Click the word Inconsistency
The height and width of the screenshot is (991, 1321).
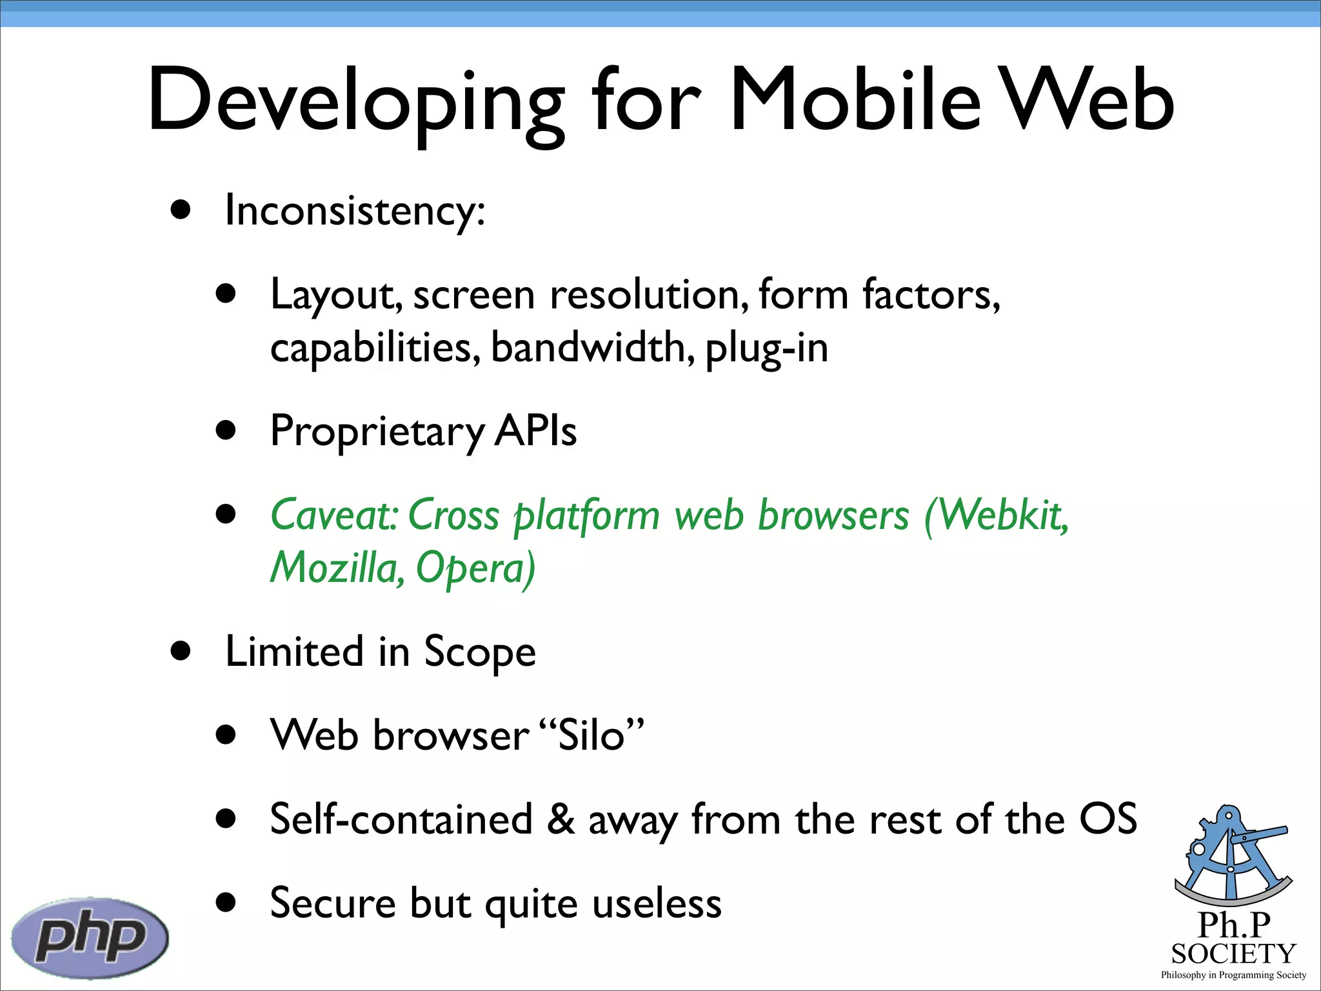click(x=353, y=211)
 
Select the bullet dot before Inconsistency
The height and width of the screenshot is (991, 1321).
click(x=181, y=210)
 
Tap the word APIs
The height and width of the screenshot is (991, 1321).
click(x=535, y=431)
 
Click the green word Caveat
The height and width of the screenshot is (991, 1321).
click(x=333, y=516)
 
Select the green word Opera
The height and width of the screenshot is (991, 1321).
click(x=474, y=568)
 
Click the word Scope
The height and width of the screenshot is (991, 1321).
click(x=479, y=652)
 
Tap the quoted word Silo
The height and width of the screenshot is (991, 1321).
click(x=591, y=736)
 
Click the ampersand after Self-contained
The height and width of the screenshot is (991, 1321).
click(x=560, y=819)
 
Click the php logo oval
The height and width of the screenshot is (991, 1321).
click(x=90, y=937)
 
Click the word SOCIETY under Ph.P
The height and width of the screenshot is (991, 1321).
click(x=1233, y=954)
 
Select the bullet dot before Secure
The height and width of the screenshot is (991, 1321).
click(x=226, y=902)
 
